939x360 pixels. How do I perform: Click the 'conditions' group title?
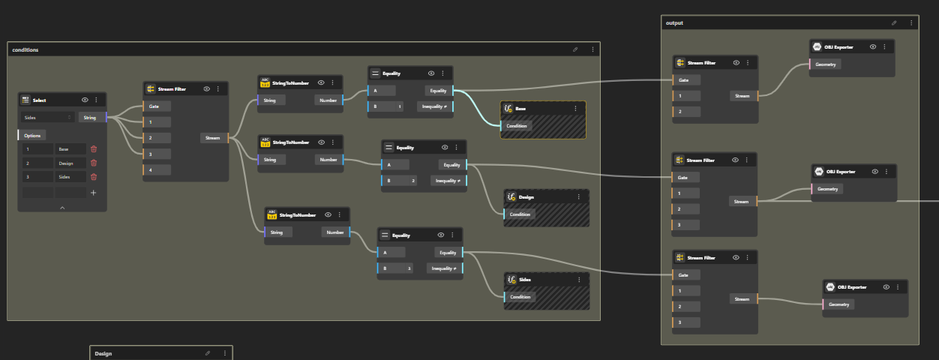(x=25, y=49)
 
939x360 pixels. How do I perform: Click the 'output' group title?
(x=674, y=23)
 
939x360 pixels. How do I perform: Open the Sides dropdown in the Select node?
(x=47, y=117)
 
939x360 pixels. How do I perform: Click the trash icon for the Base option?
(x=94, y=149)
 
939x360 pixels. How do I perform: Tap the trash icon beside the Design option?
(x=94, y=163)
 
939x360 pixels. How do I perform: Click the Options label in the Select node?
(x=32, y=135)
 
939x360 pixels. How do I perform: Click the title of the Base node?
(x=520, y=109)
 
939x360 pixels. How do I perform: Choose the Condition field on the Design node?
(x=520, y=214)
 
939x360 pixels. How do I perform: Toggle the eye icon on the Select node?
(x=85, y=100)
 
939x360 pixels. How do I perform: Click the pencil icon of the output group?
(x=893, y=23)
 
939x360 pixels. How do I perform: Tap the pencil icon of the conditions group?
(x=575, y=49)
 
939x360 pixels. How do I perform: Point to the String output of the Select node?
(x=90, y=117)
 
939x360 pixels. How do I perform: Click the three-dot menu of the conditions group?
(x=592, y=49)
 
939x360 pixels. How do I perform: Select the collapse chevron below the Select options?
(x=62, y=207)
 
